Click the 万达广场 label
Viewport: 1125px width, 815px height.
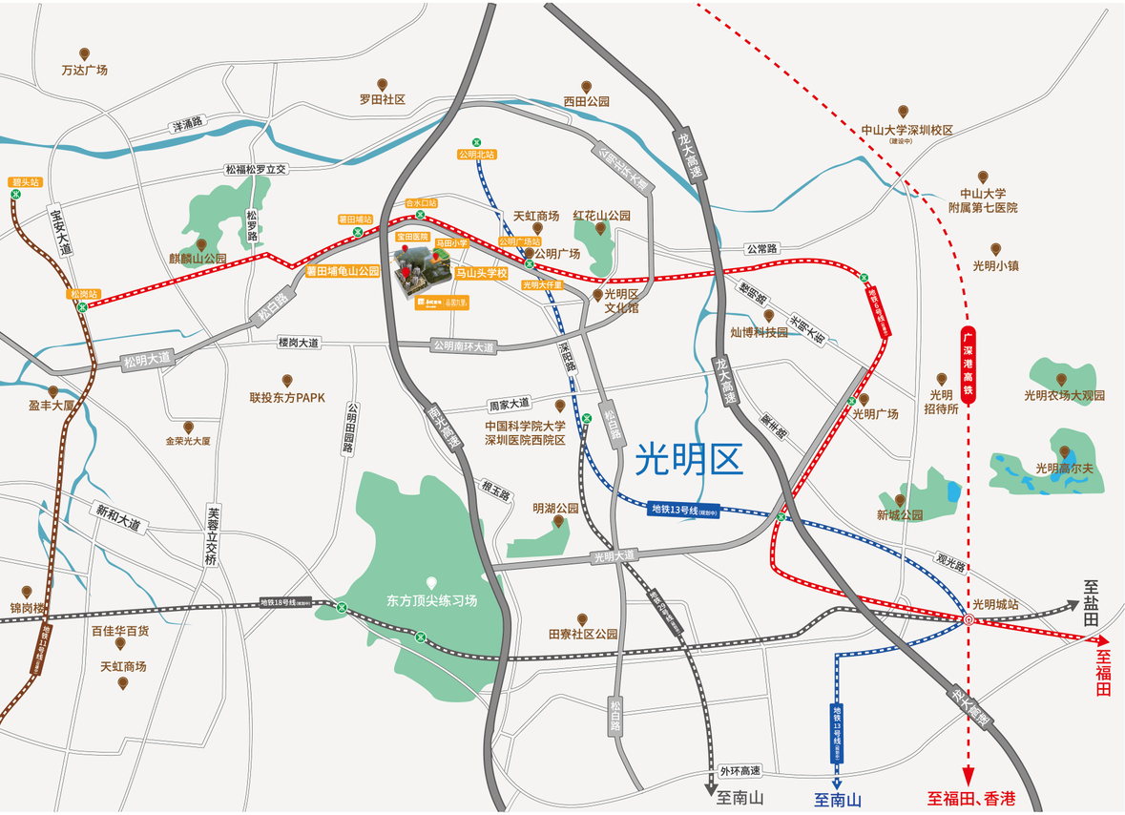(85, 70)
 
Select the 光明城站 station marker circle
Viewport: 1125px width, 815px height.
(969, 619)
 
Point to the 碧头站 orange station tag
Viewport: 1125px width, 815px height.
(23, 181)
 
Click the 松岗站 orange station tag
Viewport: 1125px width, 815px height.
(82, 294)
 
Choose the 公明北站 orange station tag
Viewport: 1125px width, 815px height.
(476, 154)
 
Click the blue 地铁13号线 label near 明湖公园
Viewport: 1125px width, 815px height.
(682, 510)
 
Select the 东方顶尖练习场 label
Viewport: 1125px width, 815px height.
(431, 601)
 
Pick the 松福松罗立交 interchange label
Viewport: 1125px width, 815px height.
(256, 169)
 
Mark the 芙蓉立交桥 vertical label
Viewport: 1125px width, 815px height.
(212, 534)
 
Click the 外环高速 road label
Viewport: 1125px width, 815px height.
(740, 771)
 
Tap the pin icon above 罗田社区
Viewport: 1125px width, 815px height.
(383, 84)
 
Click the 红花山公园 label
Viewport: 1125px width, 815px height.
(601, 216)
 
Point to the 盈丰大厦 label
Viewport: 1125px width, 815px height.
(52, 406)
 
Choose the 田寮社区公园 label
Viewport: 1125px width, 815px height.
(583, 634)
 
